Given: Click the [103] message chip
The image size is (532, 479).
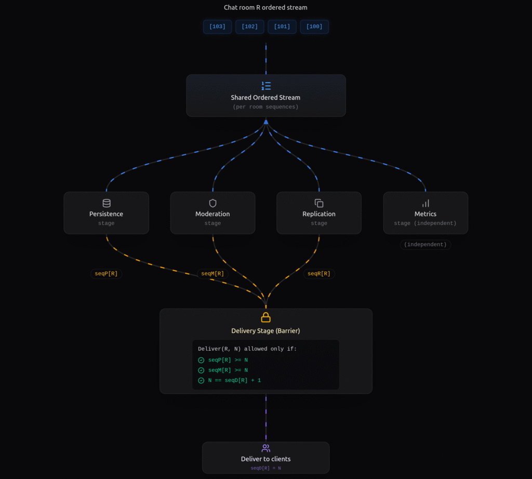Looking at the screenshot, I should point(217,26).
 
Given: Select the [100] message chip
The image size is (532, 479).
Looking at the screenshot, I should point(314,26).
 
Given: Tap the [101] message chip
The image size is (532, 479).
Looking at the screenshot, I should point(282,26).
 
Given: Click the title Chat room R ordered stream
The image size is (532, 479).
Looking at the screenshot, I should point(265,7).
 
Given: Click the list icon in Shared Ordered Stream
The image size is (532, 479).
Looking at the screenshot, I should point(266,86).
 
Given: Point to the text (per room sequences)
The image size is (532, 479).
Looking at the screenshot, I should point(265,107).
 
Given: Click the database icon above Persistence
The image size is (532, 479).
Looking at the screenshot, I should point(107,203).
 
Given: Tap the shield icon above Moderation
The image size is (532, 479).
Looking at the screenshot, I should point(212,203).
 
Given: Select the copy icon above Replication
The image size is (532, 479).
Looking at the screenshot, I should point(319,203).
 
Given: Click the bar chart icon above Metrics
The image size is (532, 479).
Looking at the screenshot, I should point(425,203).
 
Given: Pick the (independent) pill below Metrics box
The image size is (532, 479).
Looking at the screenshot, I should point(425,244).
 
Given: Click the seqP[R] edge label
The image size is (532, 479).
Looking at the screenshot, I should point(106,274).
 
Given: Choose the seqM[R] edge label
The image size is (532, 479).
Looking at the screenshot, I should point(212,274).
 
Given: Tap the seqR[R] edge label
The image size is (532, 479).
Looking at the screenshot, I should point(319,274).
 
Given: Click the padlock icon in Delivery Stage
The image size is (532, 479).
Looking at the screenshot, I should point(265,317).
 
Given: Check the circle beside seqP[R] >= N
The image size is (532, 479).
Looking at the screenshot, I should point(201,360).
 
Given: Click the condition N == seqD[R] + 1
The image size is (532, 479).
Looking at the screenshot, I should point(234,380).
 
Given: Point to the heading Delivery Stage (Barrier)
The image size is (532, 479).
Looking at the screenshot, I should point(265,331).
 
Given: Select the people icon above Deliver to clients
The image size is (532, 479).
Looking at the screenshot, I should point(265,448).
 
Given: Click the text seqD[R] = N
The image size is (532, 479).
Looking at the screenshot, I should point(265,468).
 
